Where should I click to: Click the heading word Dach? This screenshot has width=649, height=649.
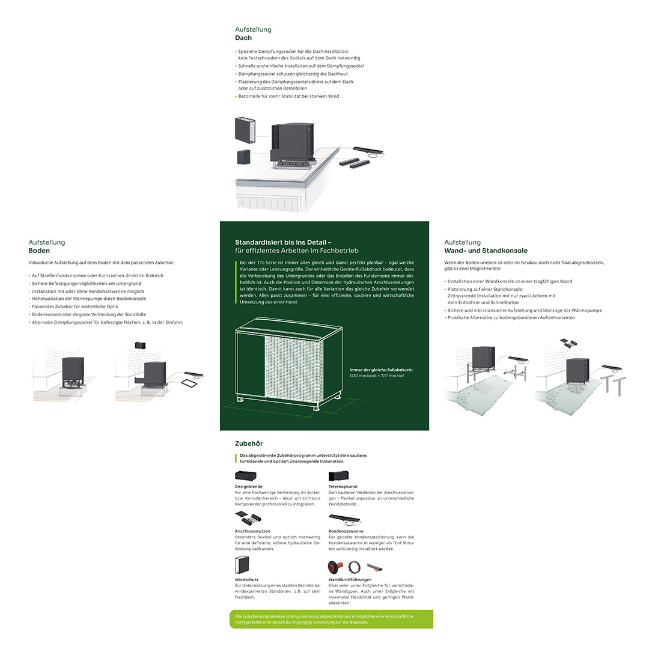click(x=243, y=38)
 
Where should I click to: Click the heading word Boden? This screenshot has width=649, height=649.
click(x=39, y=251)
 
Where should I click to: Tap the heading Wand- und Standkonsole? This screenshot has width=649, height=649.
click(x=486, y=251)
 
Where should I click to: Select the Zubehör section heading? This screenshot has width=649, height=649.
click(x=249, y=443)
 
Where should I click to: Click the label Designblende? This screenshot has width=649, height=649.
click(x=248, y=487)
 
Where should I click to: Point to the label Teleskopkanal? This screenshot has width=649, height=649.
click(x=343, y=487)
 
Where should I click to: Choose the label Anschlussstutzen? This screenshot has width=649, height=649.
click(x=252, y=531)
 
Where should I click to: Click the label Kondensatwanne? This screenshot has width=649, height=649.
click(x=346, y=531)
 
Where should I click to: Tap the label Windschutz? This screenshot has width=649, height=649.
click(x=247, y=579)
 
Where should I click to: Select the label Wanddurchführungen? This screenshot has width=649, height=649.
click(x=350, y=579)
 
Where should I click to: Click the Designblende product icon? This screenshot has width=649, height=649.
click(x=246, y=476)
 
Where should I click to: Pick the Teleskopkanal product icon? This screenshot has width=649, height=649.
click(x=338, y=476)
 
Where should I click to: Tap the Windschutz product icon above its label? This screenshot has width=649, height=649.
click(x=242, y=564)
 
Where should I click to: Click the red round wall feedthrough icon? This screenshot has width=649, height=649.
click(x=335, y=567)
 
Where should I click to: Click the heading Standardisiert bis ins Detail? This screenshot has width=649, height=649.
click(x=283, y=243)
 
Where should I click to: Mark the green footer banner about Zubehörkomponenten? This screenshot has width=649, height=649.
click(x=332, y=619)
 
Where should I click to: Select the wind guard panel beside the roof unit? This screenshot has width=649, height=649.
click(x=245, y=130)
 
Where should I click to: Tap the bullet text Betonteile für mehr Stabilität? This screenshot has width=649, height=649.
click(x=288, y=96)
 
